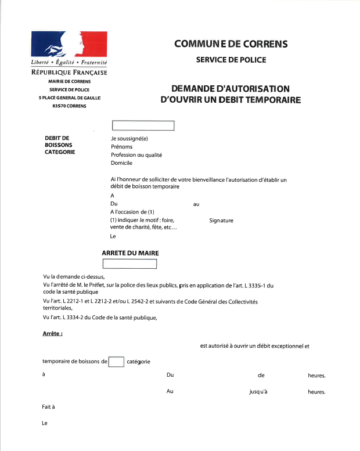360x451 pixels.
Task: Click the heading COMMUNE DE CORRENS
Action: [231, 44]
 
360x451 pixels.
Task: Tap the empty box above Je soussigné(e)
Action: [143, 125]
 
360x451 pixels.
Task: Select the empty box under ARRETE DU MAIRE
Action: [129, 264]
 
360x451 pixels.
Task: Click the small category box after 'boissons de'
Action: [116, 362]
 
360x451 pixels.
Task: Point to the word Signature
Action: [221, 221]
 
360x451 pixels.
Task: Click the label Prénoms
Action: [122, 147]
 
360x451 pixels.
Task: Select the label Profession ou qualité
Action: [136, 155]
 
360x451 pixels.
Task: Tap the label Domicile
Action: [121, 163]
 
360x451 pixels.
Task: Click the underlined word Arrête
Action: [52, 334]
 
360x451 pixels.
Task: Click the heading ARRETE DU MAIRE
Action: [130, 254]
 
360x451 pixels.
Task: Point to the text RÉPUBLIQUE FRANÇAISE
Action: [69, 72]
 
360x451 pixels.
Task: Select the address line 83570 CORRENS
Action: [69, 106]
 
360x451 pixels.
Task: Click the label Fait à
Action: [48, 407]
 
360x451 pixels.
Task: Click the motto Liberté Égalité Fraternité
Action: [69, 62]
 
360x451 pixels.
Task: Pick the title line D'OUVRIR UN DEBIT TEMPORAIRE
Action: [231, 100]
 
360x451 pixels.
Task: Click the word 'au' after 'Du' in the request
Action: [196, 205]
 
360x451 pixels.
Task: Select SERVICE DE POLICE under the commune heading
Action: [231, 59]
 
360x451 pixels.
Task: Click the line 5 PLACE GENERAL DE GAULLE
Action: [69, 98]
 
